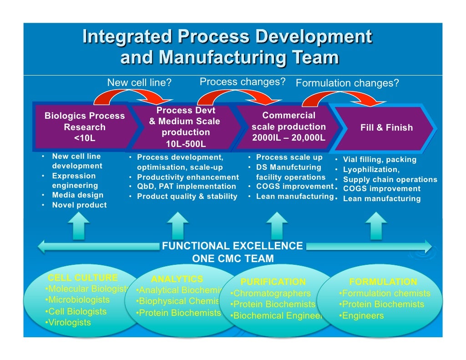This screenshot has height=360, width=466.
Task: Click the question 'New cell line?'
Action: coord(139,83)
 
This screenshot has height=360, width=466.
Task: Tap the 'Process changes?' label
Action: coord(242,82)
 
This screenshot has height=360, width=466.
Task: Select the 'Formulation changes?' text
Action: coord(347,83)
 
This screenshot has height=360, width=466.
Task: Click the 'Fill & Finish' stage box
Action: coord(386,128)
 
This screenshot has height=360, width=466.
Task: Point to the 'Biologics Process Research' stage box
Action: coord(84,127)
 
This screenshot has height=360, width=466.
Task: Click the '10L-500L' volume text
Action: coord(186,144)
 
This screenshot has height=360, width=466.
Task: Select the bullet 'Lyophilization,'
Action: coord(371,169)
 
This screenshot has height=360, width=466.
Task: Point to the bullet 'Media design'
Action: coord(77,195)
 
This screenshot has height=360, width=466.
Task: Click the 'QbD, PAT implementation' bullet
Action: coord(187,187)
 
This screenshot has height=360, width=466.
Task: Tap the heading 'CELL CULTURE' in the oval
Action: coord(83,278)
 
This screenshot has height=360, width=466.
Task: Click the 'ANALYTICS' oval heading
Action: coord(177,279)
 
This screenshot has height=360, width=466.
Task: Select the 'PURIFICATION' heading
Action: coord(273,282)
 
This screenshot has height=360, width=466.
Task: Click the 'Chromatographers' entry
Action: coord(272,294)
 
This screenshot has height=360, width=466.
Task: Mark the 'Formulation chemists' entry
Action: coord(385,294)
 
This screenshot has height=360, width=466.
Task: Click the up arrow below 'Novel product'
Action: coord(80,226)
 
